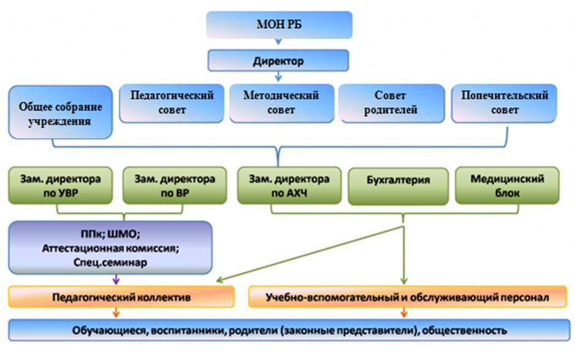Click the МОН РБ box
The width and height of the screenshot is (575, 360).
[279, 24]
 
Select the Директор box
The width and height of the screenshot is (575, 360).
[278, 61]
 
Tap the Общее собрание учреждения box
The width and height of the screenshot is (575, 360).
[60, 113]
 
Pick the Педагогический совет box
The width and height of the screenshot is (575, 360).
[171, 103]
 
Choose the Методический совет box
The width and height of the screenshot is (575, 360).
[281, 103]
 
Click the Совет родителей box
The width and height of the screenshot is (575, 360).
[391, 103]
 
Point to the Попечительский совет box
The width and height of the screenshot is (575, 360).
[504, 103]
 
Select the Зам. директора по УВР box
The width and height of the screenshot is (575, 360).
[60, 186]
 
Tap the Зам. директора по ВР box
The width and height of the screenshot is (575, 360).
[175, 186]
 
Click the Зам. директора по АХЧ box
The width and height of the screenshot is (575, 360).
[289, 186]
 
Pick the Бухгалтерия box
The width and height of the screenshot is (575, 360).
[398, 186]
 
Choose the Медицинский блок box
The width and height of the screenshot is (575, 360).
[507, 186]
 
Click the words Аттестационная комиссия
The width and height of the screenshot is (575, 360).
[110, 248]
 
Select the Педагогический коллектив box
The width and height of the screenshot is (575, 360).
[121, 296]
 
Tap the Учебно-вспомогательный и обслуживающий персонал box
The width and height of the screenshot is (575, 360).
[407, 296]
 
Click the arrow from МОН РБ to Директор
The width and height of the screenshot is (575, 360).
[279, 42]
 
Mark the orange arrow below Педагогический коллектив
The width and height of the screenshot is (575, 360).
[116, 312]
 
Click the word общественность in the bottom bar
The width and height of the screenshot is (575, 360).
[464, 330]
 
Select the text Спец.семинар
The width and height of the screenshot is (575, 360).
[110, 263]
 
